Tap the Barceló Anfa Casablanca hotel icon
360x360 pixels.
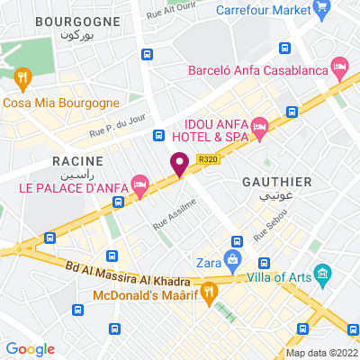339,67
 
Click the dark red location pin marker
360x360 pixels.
179,164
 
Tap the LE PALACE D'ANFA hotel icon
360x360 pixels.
139,184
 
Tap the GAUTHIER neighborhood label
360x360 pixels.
277,181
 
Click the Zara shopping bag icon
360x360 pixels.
232,260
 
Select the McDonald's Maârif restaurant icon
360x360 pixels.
209,291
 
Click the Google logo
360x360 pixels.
31,348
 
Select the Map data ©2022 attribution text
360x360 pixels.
321,354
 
